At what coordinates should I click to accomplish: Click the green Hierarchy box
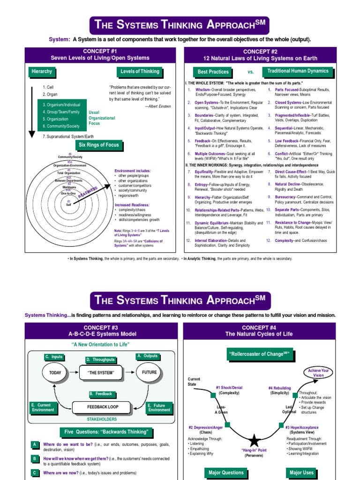point(42,72)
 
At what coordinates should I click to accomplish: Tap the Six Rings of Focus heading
point(99,145)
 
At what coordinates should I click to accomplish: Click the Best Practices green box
point(213,72)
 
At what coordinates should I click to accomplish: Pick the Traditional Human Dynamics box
point(298,71)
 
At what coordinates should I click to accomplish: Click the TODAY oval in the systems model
point(55,373)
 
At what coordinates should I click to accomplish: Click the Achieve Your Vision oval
point(319,373)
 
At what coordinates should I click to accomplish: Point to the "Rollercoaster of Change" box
point(259,354)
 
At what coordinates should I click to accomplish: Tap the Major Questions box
point(227,472)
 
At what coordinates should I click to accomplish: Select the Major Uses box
point(301,472)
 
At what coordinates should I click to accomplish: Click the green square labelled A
point(35,444)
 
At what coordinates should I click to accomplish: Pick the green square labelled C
point(35,473)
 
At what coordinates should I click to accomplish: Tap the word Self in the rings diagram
point(68,204)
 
